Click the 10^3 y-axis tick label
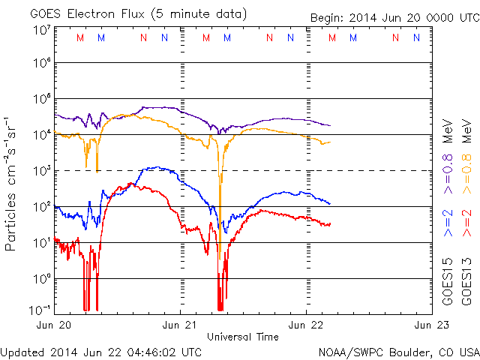coord(40,170)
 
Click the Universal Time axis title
coord(243,337)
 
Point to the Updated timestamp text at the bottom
coord(100,351)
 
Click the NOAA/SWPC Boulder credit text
coord(398,351)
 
